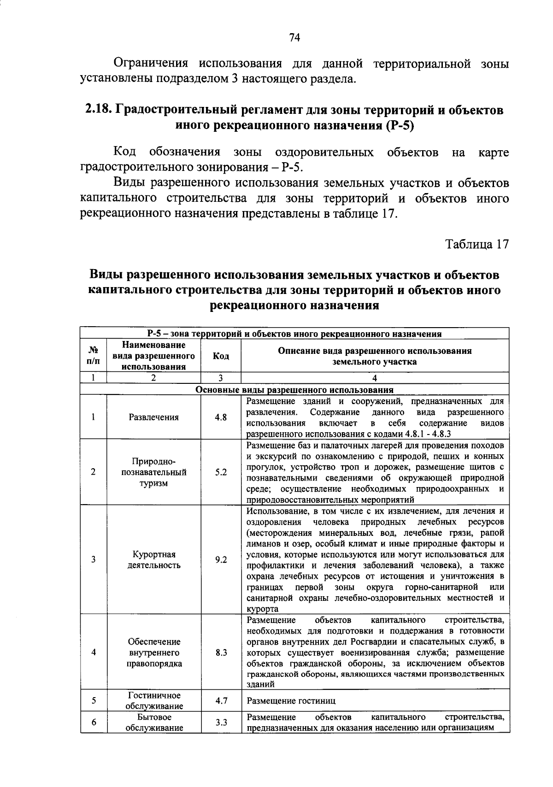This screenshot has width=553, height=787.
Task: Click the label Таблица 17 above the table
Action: coord(477,244)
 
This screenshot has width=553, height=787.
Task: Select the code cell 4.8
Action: coord(221,417)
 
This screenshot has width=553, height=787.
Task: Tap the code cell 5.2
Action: coord(221,472)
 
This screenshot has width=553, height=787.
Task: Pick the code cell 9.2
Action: coord(221,559)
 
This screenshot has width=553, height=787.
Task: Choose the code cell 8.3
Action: coord(221,652)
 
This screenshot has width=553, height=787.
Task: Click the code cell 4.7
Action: coord(221,701)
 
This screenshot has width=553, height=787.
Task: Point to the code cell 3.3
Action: coord(221,722)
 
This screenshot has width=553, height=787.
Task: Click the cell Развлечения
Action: coord(153,417)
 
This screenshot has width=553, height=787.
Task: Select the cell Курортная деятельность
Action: coord(153,559)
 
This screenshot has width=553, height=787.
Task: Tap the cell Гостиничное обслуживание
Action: coord(154,701)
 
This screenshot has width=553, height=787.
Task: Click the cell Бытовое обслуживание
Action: coord(154,722)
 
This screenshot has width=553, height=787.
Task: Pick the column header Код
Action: coord(221,356)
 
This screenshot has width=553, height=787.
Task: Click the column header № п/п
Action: coord(93,356)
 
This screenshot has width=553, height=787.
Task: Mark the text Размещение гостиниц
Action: coord(291,701)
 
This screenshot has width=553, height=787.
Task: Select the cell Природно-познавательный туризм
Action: coord(153,472)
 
